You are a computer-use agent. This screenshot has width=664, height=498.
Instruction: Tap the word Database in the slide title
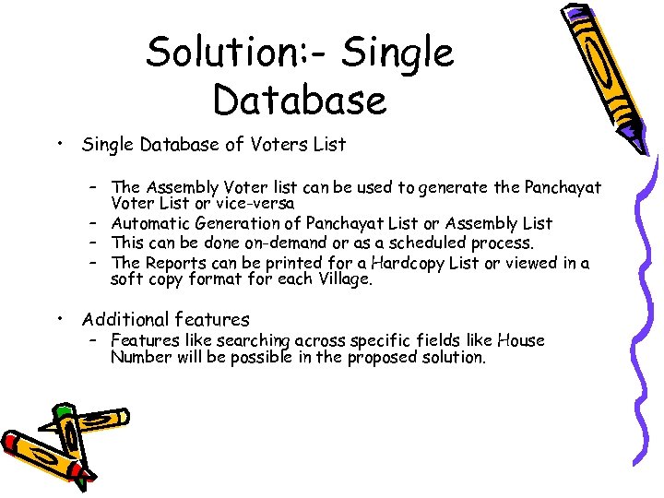[300, 100]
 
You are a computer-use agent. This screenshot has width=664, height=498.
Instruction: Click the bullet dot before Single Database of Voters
[58, 143]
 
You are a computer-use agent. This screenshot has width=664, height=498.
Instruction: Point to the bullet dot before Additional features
[58, 319]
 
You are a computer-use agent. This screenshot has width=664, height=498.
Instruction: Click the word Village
[341, 279]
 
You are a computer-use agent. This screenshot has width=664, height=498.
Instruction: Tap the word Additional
[122, 320]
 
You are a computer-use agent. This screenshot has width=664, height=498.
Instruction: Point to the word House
[521, 340]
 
